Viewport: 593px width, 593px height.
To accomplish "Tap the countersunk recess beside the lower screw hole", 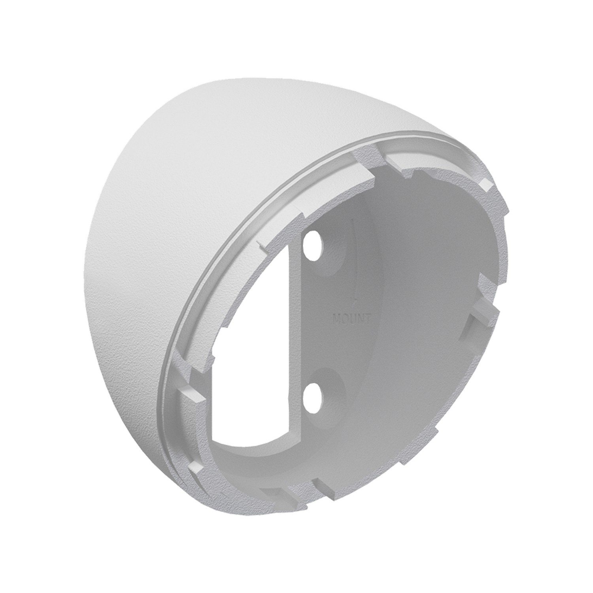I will point(328,385).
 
